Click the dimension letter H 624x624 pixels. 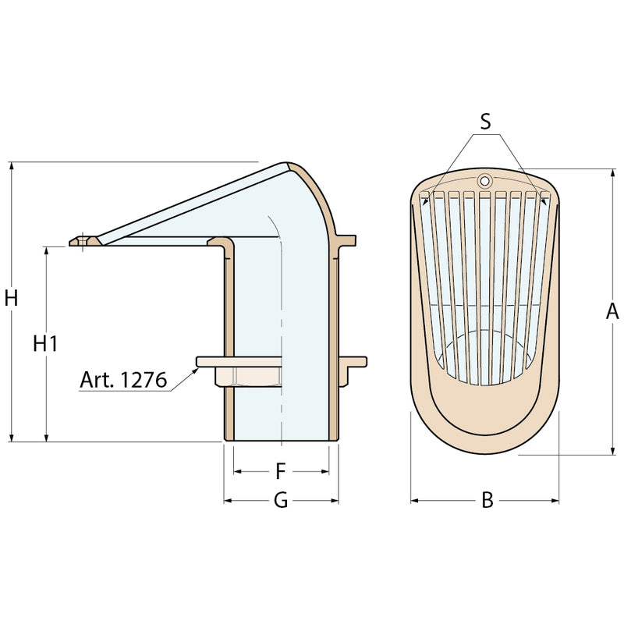click(x=11, y=298)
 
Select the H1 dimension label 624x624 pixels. click(x=45, y=343)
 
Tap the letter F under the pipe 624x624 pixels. click(x=281, y=472)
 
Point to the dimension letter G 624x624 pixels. click(x=281, y=500)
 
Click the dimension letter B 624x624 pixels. click(x=487, y=500)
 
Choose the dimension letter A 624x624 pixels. click(x=612, y=311)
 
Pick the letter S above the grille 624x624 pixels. click(x=485, y=122)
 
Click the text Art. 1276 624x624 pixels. click(x=123, y=380)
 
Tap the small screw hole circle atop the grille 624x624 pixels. click(x=484, y=181)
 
